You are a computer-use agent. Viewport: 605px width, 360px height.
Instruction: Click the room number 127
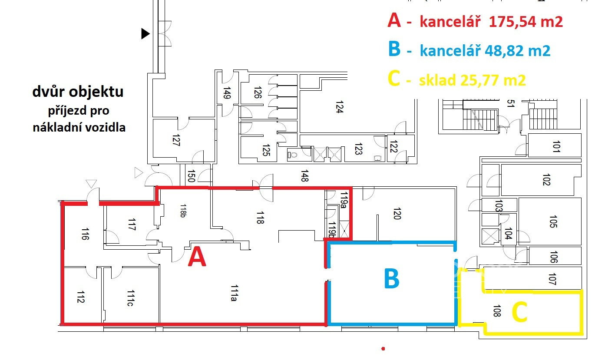coord(176,140)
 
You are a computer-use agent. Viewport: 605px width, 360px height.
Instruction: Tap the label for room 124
coord(340,107)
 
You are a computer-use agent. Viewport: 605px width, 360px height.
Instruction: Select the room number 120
coord(397,213)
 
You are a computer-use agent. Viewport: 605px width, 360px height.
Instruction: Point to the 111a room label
coord(235,293)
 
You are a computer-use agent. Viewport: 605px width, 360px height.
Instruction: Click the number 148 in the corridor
coord(304,176)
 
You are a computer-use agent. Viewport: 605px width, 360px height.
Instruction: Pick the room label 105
coord(553,221)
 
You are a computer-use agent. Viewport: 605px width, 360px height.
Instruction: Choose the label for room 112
coord(81,297)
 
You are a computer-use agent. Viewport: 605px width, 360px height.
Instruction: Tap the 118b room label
coord(183,211)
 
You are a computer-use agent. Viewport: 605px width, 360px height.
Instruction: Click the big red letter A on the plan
coord(197,256)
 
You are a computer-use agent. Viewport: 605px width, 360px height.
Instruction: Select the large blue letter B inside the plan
coord(392,278)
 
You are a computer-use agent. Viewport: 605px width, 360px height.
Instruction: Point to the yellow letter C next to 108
coord(519,312)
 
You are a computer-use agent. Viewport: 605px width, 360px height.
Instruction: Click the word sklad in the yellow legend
coord(437,80)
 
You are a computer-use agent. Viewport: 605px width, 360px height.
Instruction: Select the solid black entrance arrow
coord(145,34)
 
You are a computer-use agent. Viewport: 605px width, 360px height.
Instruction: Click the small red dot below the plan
coord(383,349)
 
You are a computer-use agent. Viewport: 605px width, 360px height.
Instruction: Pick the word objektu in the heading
coord(96,92)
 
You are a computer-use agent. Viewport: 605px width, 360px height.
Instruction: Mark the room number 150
coord(191,176)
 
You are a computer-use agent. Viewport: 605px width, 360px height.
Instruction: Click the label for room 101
coord(556,146)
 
